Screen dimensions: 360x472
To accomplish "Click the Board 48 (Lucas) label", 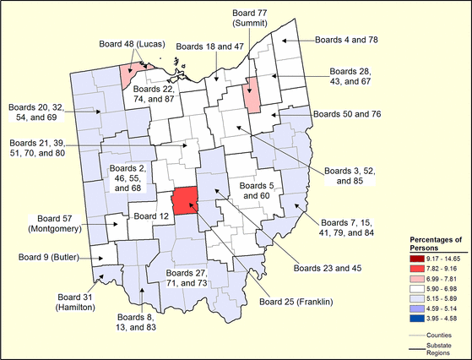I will click(131, 44).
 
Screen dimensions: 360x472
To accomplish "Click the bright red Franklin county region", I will click(184, 202).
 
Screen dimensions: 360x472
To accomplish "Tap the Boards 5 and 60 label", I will click(256, 190).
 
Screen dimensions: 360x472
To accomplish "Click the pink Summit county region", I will click(251, 95).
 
